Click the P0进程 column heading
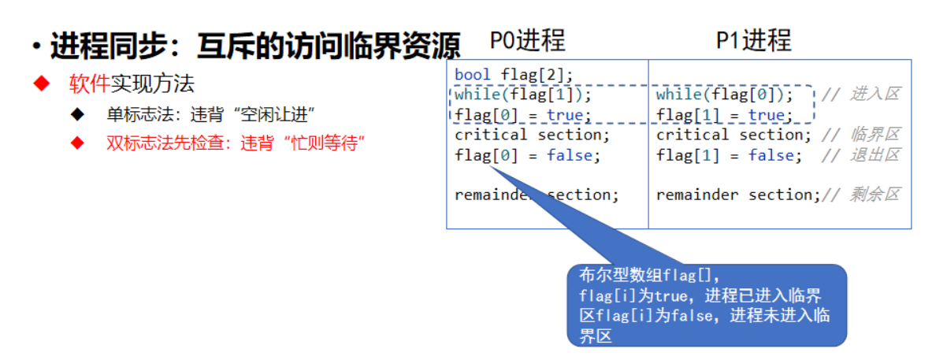tap(527, 40)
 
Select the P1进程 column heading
tap(752, 40)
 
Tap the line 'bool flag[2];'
tap(514, 76)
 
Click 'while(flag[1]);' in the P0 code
tap(522, 95)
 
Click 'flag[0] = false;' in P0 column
tap(527, 155)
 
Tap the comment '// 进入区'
tap(860, 95)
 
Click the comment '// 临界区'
tap(860, 135)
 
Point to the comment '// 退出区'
tap(860, 155)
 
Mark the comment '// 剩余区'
tap(860, 195)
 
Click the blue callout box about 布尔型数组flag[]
tap(707, 306)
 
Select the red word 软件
tap(88, 84)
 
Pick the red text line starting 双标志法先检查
tap(235, 143)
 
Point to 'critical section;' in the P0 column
tap(532, 135)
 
